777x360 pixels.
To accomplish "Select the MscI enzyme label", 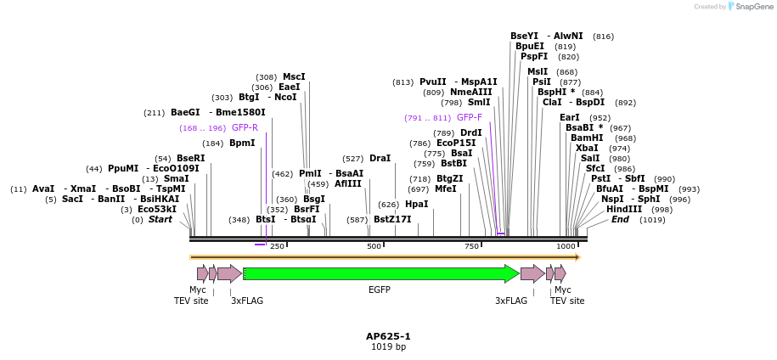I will pyautogui.click(x=294, y=76).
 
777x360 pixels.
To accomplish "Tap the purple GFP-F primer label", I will pyautogui.click(x=469, y=118).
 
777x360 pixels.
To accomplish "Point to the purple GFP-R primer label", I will pyautogui.click(x=245, y=128).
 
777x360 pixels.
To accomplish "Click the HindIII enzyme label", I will pyautogui.click(x=623, y=209).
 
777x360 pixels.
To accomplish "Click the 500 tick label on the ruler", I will pyautogui.click(x=374, y=246).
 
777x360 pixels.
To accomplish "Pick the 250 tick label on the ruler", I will pyautogui.click(x=277, y=246).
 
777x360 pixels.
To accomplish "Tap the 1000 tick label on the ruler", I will pyautogui.click(x=566, y=246).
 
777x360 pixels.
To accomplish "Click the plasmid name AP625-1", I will pyautogui.click(x=388, y=336).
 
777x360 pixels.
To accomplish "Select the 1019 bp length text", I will pyautogui.click(x=388, y=347).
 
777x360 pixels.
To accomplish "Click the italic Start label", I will pyautogui.click(x=160, y=220).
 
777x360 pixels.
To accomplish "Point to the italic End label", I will pyautogui.click(x=620, y=219).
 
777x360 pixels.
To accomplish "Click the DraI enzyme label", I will pyautogui.click(x=380, y=159).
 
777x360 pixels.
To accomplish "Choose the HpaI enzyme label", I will pyautogui.click(x=416, y=205).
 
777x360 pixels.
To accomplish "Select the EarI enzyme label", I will pyautogui.click(x=570, y=117).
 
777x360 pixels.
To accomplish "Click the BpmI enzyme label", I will pyautogui.click(x=242, y=143).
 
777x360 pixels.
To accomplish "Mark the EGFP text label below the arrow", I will pyautogui.click(x=379, y=290).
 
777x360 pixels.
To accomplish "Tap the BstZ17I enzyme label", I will pyautogui.click(x=392, y=220).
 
